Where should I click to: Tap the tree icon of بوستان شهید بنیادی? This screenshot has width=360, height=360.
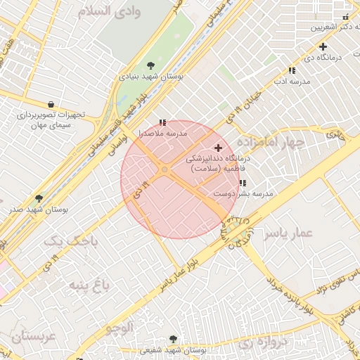(x=151, y=65)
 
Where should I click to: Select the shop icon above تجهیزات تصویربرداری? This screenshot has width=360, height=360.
(x=51, y=104)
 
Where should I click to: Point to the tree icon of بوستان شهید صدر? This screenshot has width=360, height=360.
(x=39, y=199)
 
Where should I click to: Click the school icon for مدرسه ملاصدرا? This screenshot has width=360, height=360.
(x=163, y=122)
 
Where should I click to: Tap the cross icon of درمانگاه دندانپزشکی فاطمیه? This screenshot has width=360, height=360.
(x=219, y=148)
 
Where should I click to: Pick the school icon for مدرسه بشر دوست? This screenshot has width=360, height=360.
(x=243, y=184)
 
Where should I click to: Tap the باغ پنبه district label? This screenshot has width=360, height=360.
(x=90, y=285)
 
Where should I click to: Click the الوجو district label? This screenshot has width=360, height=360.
(x=120, y=327)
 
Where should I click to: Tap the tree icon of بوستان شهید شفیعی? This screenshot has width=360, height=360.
(x=174, y=340)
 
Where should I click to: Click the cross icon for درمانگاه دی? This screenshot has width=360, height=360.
(x=322, y=46)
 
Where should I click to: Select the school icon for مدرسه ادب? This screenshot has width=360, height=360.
(x=292, y=70)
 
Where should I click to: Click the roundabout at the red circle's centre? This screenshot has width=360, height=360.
(x=165, y=169)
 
